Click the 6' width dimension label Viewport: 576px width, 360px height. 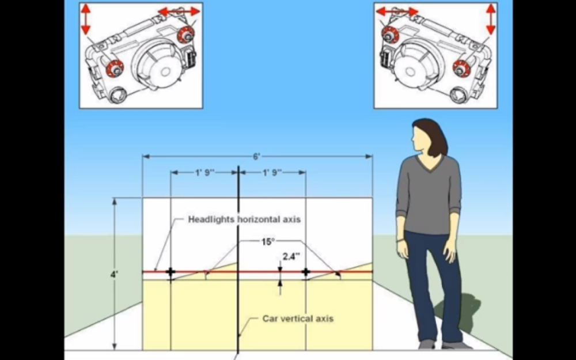point(256,157)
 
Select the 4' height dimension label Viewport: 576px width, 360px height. point(114,274)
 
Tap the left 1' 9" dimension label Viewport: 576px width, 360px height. point(204,172)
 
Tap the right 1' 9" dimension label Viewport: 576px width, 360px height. point(272,172)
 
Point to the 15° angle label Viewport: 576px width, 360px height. point(268,242)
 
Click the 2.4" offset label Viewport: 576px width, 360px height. point(291,256)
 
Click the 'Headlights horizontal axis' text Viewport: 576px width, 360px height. point(244,219)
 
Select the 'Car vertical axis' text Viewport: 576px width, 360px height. point(298,319)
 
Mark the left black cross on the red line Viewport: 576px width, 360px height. point(170,272)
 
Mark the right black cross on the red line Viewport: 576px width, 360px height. point(306,272)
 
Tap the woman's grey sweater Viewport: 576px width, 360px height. point(429,195)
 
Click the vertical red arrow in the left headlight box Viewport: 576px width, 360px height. point(86,19)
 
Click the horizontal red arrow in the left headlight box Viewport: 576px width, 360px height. point(179,12)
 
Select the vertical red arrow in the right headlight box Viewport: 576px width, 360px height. point(491,19)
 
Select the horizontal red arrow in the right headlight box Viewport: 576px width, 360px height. point(397,12)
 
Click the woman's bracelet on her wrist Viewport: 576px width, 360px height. point(400,241)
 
